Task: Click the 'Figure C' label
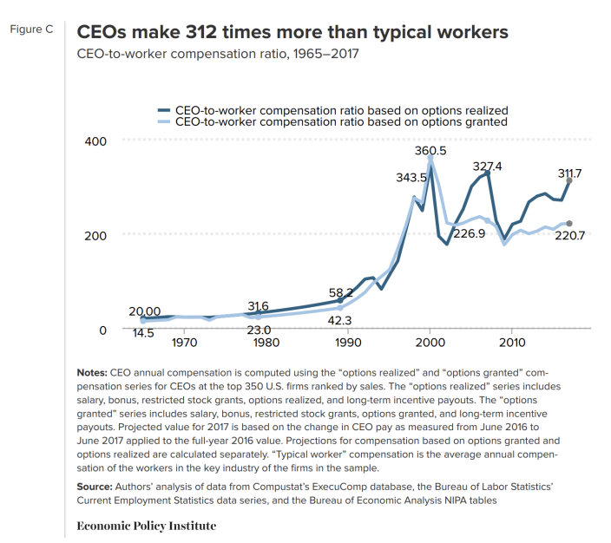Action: [31, 29]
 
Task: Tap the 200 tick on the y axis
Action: [95, 236]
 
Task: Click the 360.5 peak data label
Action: [430, 151]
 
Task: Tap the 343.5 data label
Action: [411, 178]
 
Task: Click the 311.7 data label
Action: [570, 173]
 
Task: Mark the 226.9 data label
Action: [469, 233]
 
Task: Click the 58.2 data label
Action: [340, 293]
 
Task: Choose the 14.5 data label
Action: [141, 332]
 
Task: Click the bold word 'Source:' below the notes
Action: [95, 487]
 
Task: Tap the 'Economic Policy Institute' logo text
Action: [147, 526]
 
